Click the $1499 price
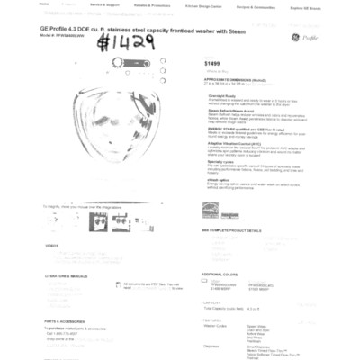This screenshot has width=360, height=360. (x=211, y=64)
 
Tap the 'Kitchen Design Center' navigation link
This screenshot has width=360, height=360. (x=204, y=5)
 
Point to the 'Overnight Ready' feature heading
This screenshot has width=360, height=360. (x=222, y=94)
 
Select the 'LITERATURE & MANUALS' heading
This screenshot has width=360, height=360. (x=66, y=275)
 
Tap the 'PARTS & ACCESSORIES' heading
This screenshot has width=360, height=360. (x=64, y=320)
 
